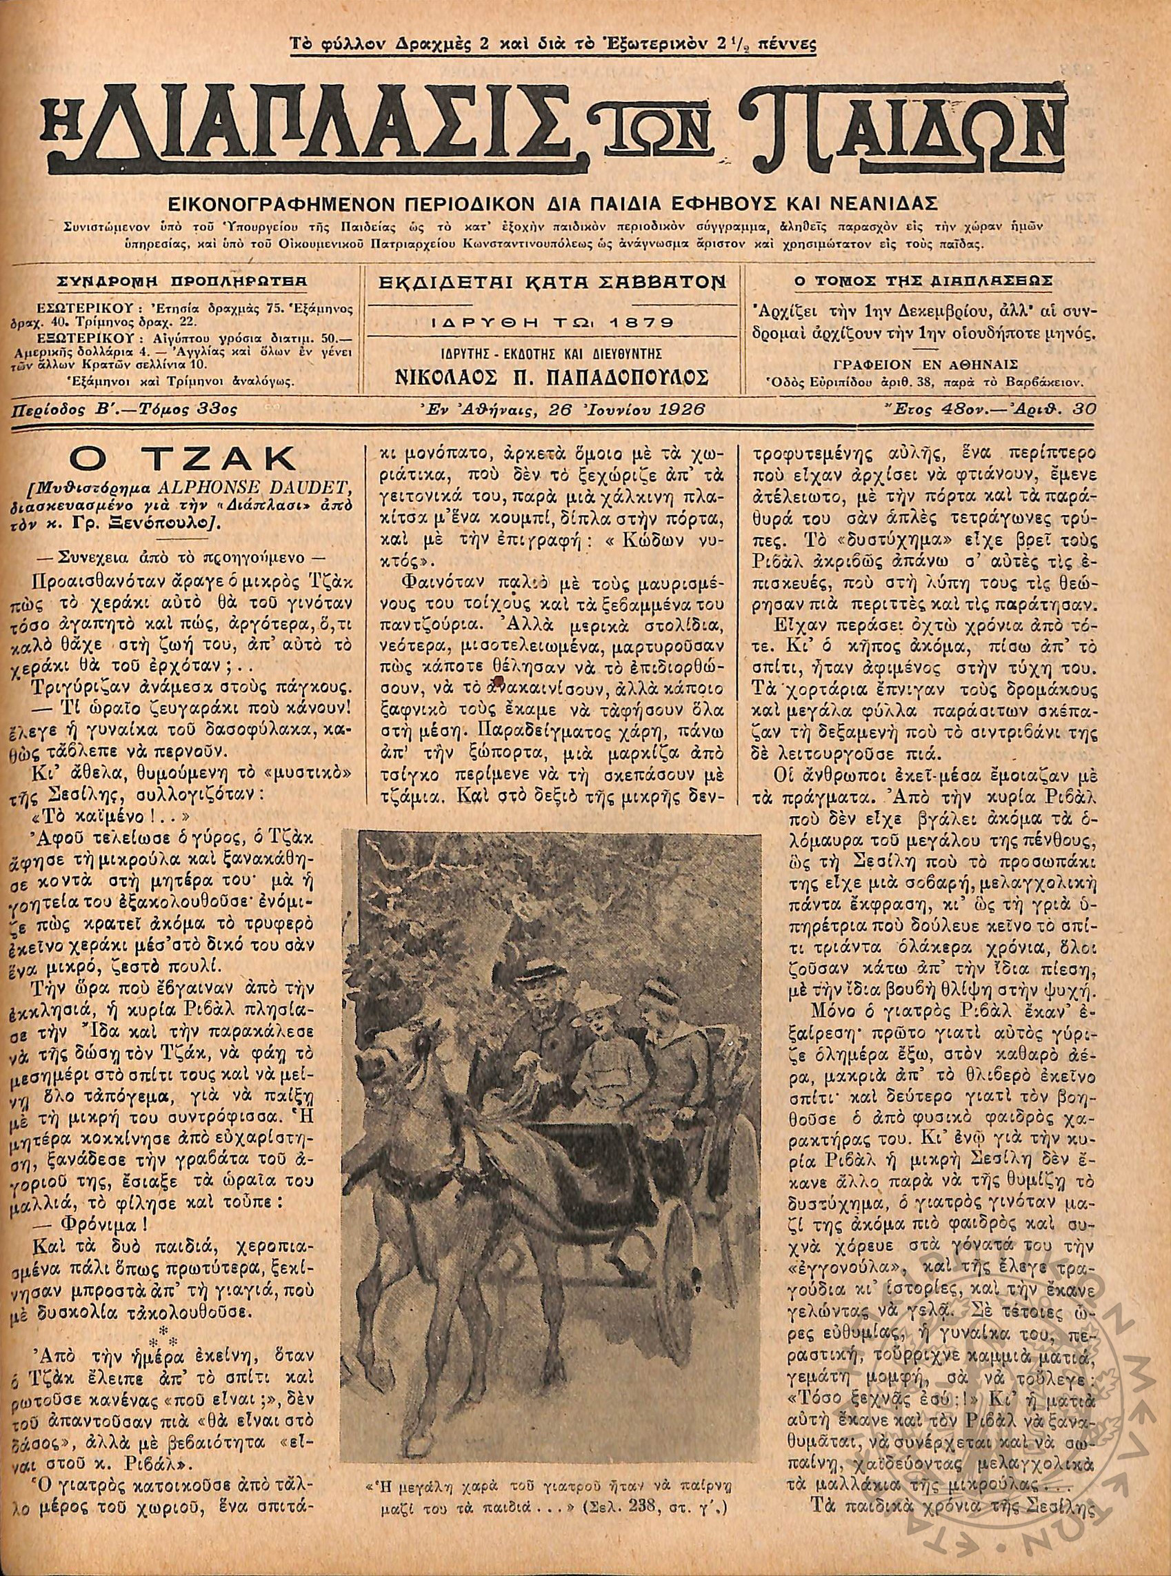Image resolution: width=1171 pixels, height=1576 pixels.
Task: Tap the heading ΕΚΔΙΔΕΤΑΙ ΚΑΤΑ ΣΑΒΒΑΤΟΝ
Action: pos(554,282)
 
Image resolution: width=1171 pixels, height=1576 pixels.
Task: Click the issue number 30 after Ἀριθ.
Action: pos(1085,409)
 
